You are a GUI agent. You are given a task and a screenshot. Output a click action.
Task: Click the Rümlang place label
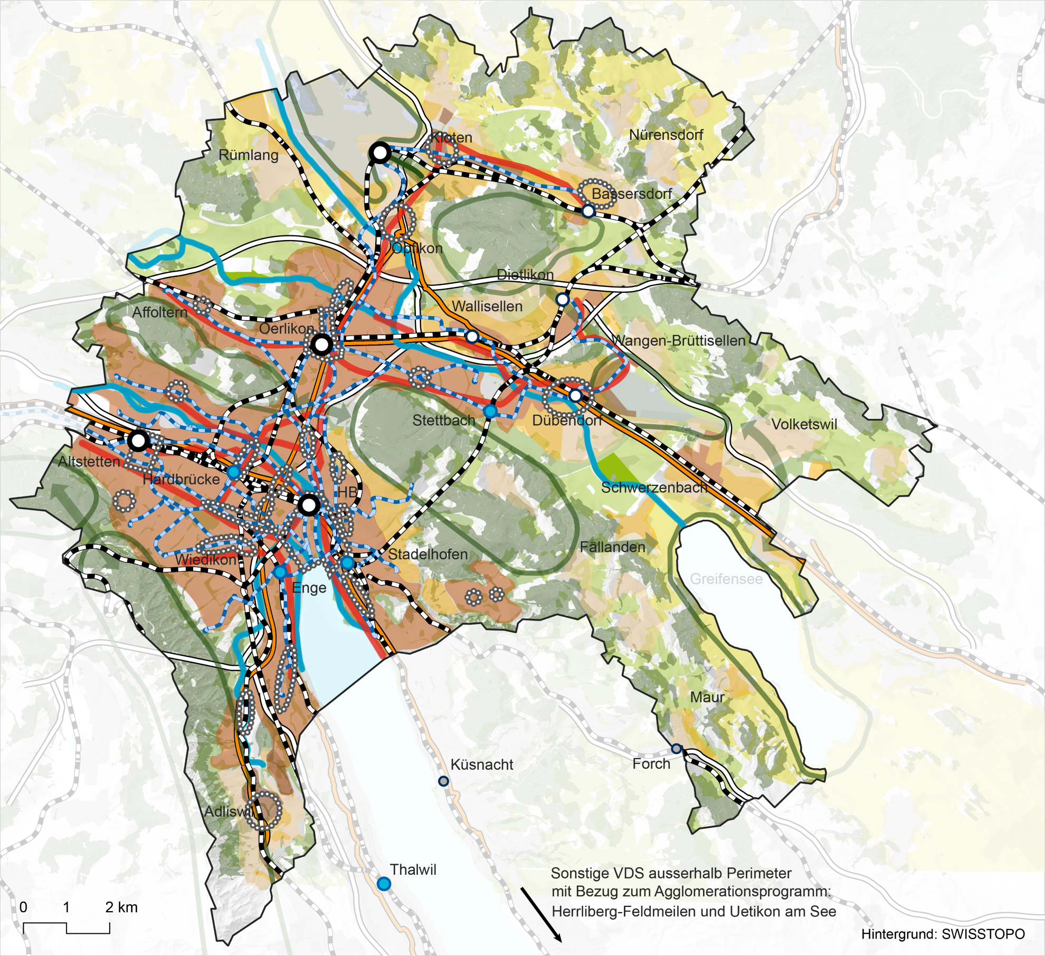click(248, 155)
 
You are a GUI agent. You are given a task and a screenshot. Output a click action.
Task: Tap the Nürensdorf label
click(666, 135)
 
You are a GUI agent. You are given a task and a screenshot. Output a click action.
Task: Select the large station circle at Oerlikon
click(321, 345)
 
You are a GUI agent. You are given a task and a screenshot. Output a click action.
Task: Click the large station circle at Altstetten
click(138, 441)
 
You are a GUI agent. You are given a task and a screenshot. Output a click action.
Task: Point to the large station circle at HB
click(309, 505)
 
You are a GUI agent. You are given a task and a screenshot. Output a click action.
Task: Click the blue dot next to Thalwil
click(384, 884)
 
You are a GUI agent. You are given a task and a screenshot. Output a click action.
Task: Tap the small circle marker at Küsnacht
click(443, 781)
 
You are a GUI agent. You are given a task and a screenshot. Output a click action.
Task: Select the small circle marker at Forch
click(676, 749)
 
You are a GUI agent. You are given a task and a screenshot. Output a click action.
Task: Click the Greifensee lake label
click(726, 579)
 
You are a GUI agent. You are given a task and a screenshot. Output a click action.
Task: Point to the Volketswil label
click(804, 424)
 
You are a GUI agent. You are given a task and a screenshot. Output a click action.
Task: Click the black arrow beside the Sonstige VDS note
click(541, 914)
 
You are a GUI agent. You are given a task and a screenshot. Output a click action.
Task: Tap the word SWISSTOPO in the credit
click(983, 934)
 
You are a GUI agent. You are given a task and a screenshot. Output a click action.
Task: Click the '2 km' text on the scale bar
click(121, 907)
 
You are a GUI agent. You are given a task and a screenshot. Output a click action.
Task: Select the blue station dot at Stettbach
click(490, 411)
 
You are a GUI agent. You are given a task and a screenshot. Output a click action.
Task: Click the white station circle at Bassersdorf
click(588, 211)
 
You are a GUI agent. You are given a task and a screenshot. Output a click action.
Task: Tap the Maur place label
click(707, 697)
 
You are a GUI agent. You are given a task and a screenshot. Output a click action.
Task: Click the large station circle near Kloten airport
click(380, 153)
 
